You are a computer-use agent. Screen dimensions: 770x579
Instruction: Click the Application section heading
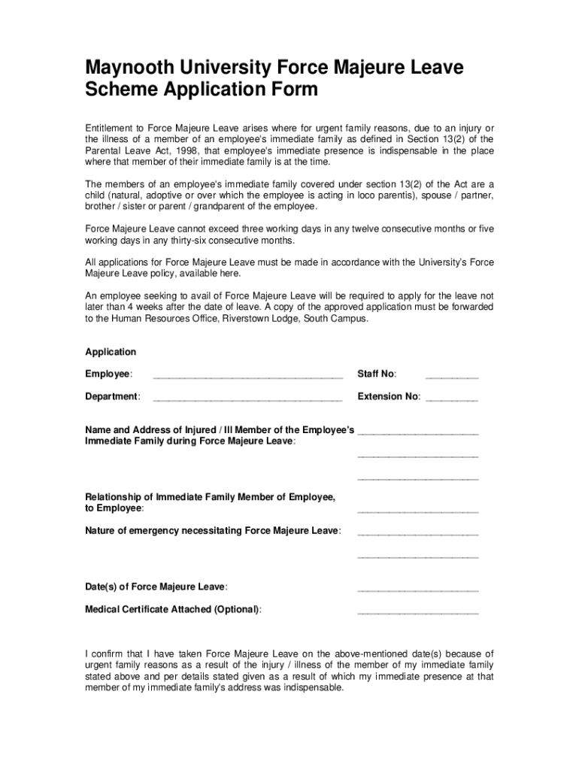coord(111,352)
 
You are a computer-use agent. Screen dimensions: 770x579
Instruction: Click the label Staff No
coord(377,374)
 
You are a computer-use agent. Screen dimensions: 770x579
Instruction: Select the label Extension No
coord(389,397)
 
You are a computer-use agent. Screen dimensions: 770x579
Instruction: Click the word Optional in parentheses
coord(237,610)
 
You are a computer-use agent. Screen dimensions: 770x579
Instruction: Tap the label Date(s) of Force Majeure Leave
coord(156,587)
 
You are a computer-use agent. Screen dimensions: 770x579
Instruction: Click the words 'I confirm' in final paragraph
coord(105,653)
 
